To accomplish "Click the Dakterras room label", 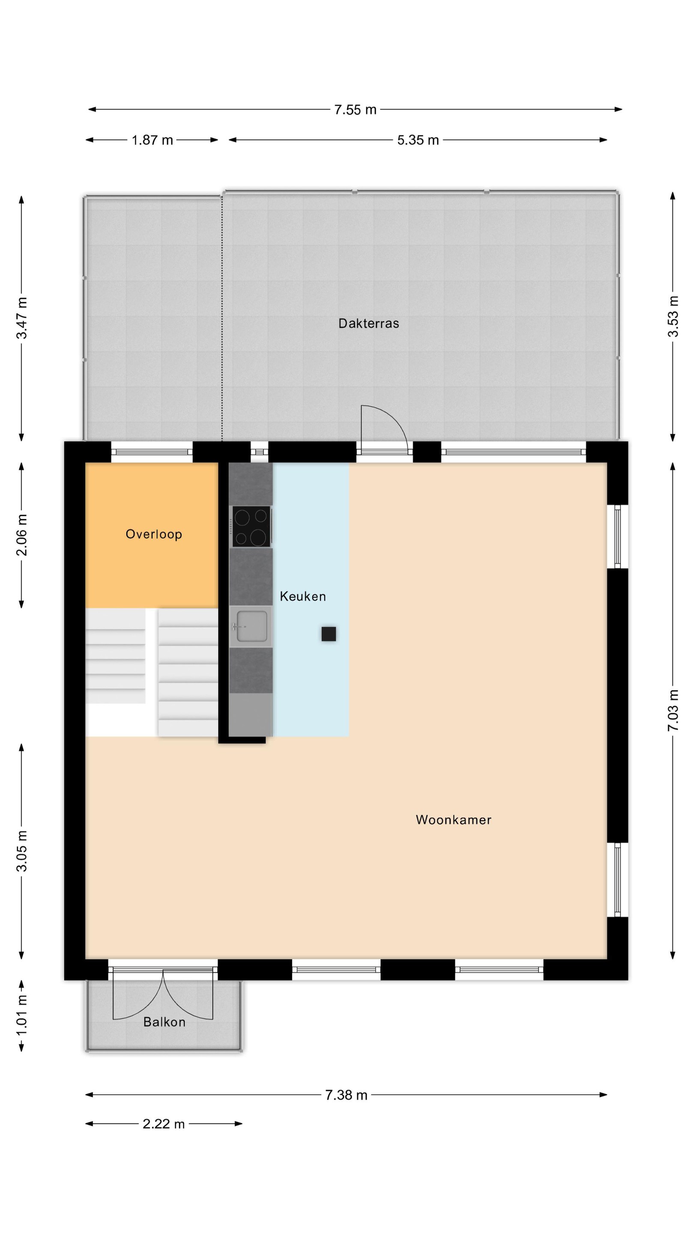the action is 368,324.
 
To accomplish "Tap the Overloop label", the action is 154,534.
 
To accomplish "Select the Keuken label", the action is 303,596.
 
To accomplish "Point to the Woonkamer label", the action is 454,820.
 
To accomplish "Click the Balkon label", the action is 164,1022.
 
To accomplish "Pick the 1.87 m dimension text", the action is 153,140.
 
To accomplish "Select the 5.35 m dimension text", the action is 418,140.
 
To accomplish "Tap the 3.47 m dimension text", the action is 22,318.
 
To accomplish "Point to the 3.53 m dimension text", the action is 673,316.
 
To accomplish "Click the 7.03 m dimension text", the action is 673,710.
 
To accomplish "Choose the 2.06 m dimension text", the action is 22,535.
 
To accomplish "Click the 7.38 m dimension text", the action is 346,1095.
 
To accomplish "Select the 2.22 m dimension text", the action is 163,1124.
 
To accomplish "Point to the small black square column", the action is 329,634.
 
